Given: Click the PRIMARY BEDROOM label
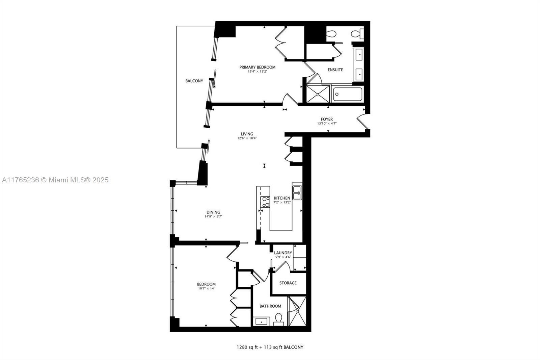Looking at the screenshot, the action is click(257, 67).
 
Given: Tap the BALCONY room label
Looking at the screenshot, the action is click(194, 81).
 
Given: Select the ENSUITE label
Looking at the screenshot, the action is click(335, 70).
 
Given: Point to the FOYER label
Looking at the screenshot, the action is click(327, 119).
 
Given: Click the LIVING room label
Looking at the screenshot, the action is click(247, 134).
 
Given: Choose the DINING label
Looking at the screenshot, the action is click(213, 212).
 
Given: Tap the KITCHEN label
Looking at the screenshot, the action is click(282, 198).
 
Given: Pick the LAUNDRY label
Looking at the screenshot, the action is click(283, 253).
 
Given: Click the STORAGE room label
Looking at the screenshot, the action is click(288, 283).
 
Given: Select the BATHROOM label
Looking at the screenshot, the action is click(270, 306).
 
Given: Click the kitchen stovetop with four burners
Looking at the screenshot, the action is click(265, 202).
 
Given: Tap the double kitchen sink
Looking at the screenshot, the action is click(297, 193).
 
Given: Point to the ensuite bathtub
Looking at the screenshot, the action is click(347, 94).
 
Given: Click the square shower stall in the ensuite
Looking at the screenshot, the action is click(318, 94).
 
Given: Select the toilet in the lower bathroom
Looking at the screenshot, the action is click(279, 319).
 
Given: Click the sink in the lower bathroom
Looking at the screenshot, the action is click(261, 322).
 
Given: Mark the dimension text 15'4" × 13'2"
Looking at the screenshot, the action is click(258, 72).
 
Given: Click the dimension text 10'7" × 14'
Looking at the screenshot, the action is click(206, 288).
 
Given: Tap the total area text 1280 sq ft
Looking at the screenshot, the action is click(247, 347).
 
